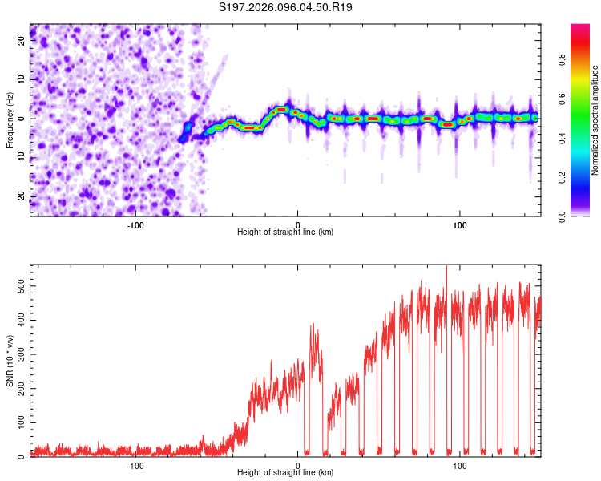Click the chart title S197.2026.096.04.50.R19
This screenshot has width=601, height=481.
point(286,7)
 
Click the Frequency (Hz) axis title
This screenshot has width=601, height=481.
point(10,120)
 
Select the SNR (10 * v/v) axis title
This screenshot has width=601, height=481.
point(10,361)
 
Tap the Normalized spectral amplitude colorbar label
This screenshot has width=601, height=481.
point(595,120)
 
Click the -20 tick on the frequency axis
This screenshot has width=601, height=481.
point(20,197)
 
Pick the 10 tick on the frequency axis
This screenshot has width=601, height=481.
point(22,79)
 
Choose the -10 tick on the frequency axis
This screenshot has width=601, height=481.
point(20,158)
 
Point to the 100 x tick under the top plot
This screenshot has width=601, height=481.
point(460,225)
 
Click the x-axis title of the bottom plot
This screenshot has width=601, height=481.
point(285,473)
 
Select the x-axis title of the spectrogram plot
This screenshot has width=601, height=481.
point(285,232)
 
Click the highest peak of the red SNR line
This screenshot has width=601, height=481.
point(446,267)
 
